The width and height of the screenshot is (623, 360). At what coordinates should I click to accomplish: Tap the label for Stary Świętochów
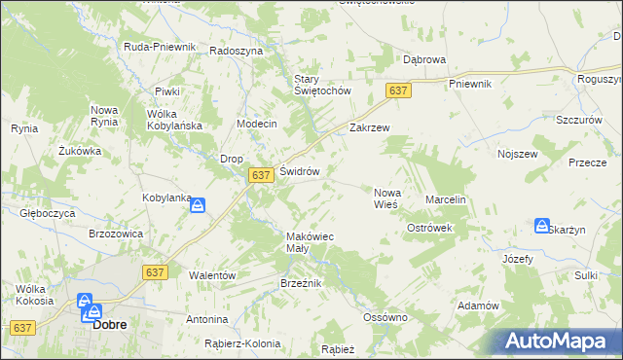pyautogui.click(x=322, y=85)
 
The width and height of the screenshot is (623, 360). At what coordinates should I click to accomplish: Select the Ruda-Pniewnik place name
pyautogui.click(x=160, y=47)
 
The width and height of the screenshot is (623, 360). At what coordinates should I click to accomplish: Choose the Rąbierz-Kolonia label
pyautogui.click(x=242, y=343)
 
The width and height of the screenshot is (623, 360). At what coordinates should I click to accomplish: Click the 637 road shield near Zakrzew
pyautogui.click(x=397, y=90)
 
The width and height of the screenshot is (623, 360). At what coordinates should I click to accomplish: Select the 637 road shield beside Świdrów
pyautogui.click(x=259, y=175)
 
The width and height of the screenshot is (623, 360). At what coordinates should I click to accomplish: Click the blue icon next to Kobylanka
pyautogui.click(x=198, y=205)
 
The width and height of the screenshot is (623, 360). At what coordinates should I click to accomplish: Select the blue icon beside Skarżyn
pyautogui.click(x=541, y=226)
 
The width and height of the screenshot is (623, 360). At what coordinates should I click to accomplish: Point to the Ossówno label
pyautogui.click(x=384, y=317)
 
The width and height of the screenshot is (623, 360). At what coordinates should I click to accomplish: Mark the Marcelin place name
pyautogui.click(x=447, y=199)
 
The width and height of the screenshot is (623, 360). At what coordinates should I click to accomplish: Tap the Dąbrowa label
pyautogui.click(x=424, y=59)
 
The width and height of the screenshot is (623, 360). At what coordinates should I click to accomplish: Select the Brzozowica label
pyautogui.click(x=116, y=234)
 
